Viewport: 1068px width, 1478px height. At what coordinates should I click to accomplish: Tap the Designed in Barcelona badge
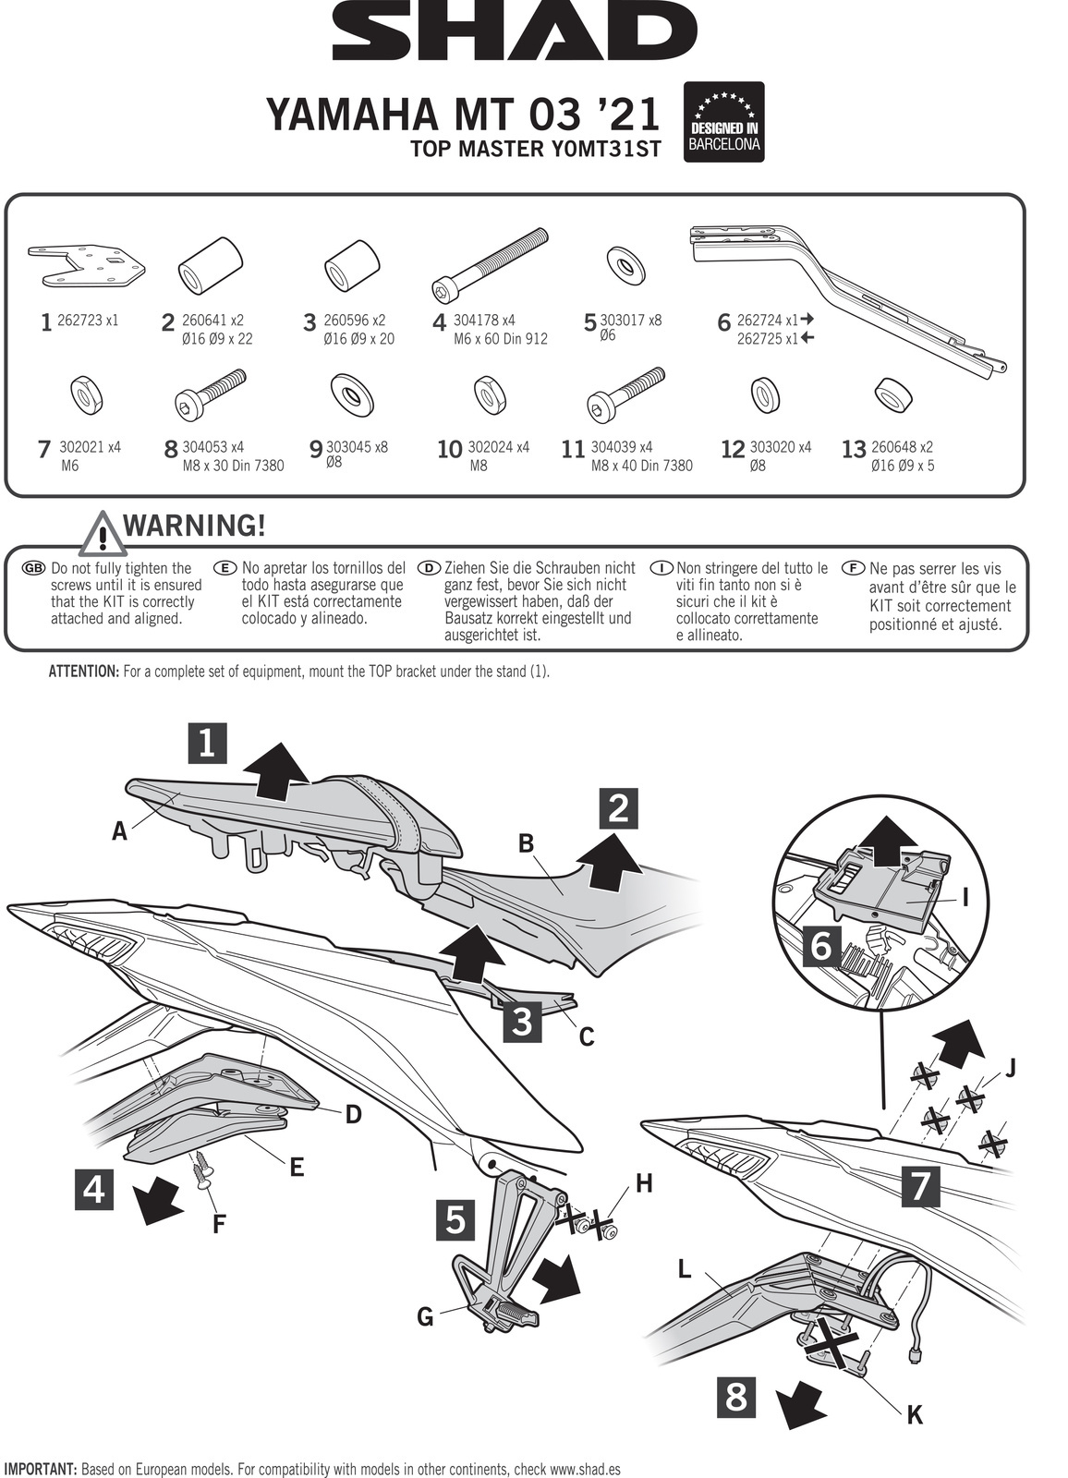pos(724,122)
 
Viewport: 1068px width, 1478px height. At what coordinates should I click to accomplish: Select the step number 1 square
pos(207,743)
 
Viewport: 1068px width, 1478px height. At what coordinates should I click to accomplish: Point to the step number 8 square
pos(736,1397)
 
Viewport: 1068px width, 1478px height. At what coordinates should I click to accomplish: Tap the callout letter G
pos(425,1315)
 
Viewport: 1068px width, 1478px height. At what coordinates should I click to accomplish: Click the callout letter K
pos(915,1413)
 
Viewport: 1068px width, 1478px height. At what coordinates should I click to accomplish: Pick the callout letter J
pos(1010,1069)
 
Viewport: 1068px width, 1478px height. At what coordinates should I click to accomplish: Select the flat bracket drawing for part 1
pos(88,262)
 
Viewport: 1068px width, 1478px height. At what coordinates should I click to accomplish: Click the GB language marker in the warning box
pos(33,568)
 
